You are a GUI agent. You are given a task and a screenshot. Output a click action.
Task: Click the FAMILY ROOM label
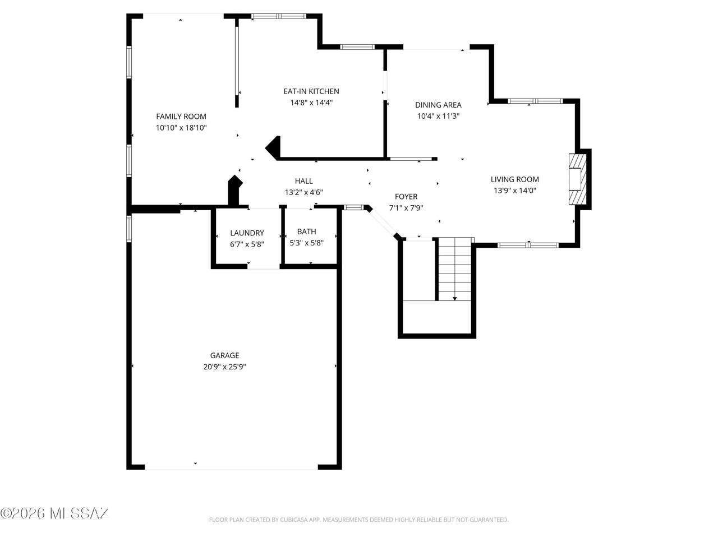click(181, 117)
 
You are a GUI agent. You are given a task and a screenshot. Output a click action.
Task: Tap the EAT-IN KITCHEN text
click(311, 91)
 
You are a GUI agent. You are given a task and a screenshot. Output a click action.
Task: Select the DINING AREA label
click(438, 105)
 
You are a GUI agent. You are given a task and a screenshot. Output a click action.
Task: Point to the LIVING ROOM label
click(514, 179)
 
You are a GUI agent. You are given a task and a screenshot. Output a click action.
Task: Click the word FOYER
click(406, 197)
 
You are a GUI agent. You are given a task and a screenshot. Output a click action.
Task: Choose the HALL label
click(303, 181)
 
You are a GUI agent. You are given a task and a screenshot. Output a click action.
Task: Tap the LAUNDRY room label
click(247, 233)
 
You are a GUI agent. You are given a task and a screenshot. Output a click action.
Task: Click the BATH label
click(306, 231)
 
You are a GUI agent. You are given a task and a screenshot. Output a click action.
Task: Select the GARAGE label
click(224, 355)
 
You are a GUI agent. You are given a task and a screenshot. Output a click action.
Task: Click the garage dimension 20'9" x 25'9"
click(224, 367)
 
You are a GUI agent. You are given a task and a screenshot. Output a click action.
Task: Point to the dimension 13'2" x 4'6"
click(303, 192)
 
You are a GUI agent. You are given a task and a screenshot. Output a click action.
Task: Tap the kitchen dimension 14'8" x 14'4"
click(311, 103)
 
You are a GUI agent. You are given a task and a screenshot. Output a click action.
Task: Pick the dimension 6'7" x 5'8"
click(247, 244)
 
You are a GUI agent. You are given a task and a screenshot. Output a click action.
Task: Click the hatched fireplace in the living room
click(578, 179)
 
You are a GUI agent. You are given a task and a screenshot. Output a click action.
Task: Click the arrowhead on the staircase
click(455, 298)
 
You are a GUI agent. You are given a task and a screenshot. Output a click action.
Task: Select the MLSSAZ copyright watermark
click(54, 513)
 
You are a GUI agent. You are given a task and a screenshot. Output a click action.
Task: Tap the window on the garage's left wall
click(129, 228)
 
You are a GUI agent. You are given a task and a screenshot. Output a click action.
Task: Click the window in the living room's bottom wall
click(528, 245)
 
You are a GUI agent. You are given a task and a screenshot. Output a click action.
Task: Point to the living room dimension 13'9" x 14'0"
click(514, 191)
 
